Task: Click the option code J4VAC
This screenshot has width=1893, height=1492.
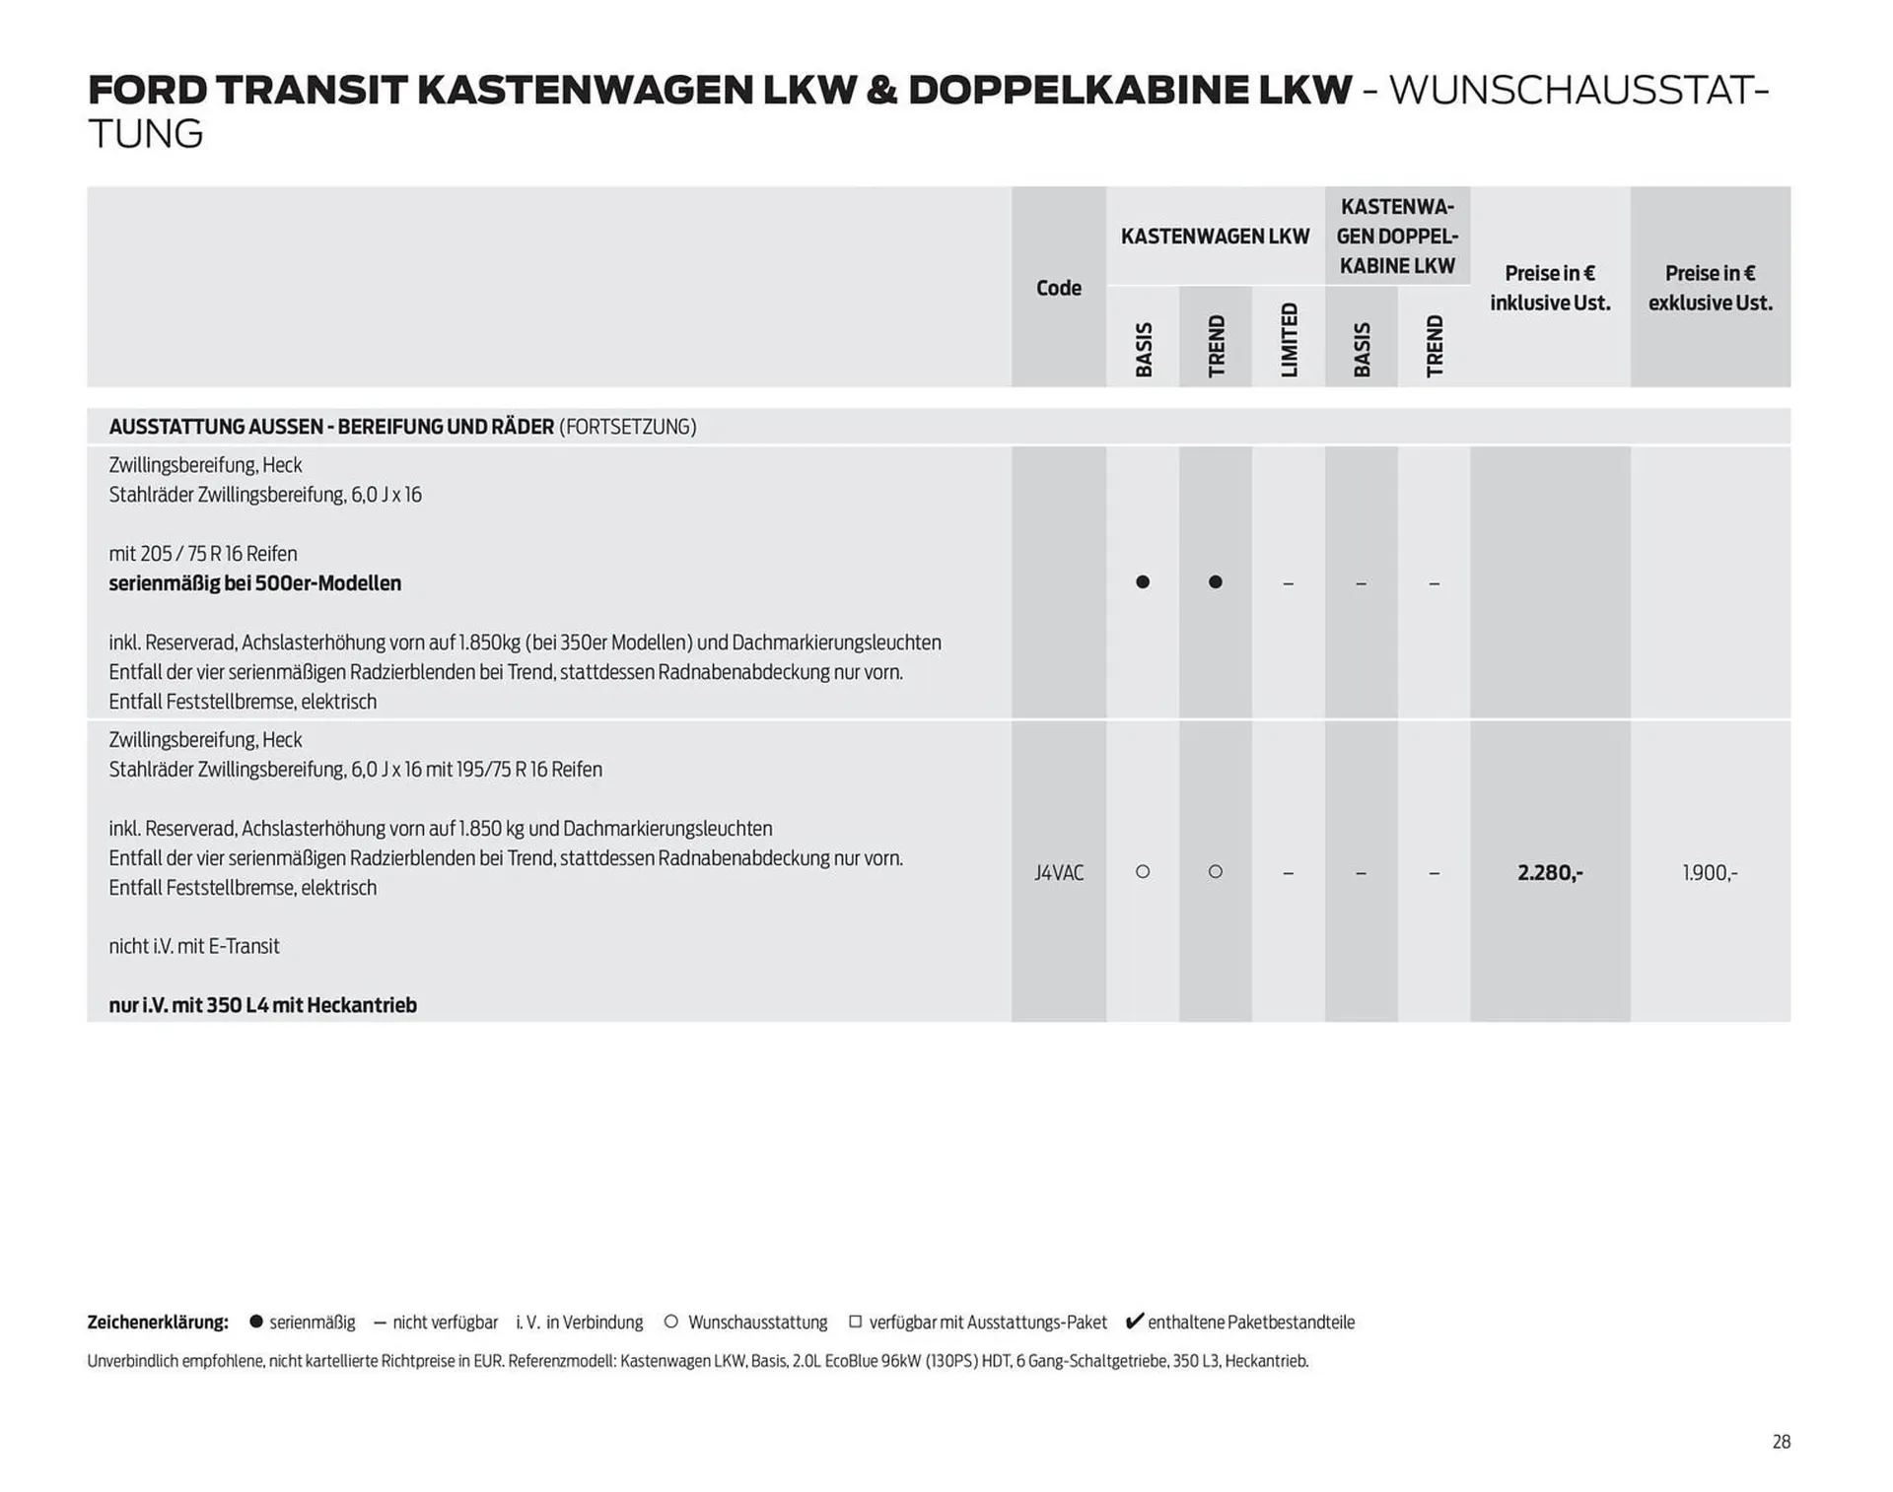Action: coord(1058,873)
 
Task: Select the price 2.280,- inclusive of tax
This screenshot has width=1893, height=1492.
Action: coord(1550,873)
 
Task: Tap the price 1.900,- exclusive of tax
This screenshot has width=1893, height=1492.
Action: coord(1710,873)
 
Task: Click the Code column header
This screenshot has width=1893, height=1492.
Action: coord(1058,288)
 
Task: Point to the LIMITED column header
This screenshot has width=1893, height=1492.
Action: coord(1289,340)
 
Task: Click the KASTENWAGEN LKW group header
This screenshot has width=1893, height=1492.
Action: coord(1215,237)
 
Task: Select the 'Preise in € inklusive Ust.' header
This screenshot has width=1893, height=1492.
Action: coord(1550,288)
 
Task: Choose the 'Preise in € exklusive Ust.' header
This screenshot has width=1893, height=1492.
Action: coord(1710,288)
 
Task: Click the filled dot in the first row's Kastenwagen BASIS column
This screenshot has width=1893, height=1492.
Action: coord(1143,582)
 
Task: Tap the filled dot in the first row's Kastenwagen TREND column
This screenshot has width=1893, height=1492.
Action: coord(1216,582)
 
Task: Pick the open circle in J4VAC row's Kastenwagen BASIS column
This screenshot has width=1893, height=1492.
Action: coord(1143,872)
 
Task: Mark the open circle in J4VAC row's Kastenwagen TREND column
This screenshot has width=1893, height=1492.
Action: coord(1216,872)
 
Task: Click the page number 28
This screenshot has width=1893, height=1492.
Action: coord(1781,1442)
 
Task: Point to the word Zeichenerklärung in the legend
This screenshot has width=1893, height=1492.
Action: coord(158,1322)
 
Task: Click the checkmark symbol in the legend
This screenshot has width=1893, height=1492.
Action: coord(1134,1322)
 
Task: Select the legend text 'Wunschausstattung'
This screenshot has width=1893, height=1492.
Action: coord(757,1322)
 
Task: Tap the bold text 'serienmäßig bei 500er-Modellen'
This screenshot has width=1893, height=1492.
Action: coord(254,583)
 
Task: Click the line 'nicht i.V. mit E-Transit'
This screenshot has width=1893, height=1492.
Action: coord(194,946)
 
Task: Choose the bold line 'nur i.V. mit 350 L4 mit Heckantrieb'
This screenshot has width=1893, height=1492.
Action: coord(262,1005)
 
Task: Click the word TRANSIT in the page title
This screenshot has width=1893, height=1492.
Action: coord(311,90)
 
